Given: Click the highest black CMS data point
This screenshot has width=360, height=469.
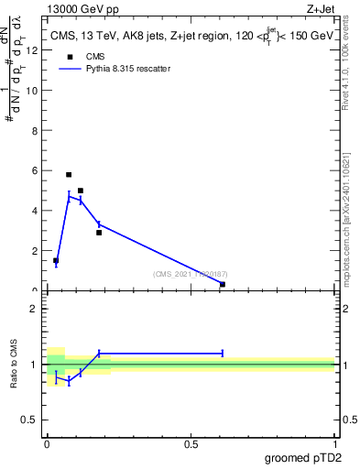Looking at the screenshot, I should click(x=69, y=174).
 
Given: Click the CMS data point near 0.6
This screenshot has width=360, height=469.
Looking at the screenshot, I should click(x=223, y=284).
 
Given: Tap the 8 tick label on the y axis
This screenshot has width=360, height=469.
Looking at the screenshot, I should click(x=35, y=130).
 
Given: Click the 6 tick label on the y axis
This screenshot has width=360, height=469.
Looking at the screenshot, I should click(x=35, y=170).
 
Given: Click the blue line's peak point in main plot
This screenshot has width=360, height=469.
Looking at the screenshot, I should click(x=69, y=195).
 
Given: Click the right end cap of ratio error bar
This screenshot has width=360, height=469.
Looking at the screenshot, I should click(x=223, y=353).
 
